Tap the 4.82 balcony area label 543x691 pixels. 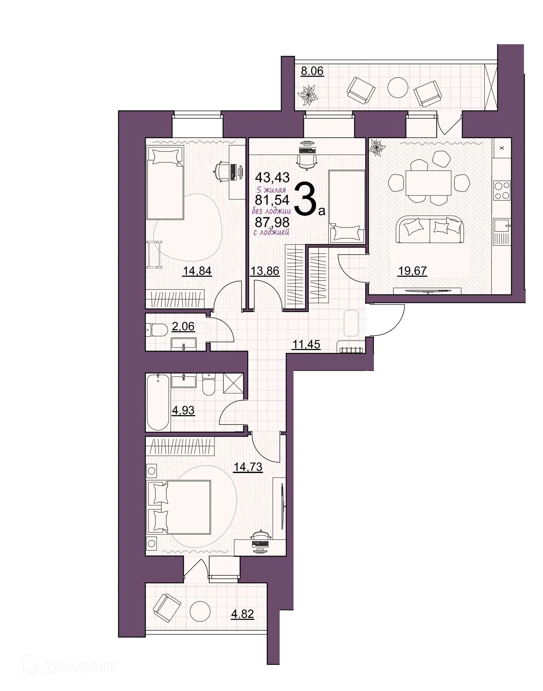click(243, 614)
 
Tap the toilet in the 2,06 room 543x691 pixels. click(157, 330)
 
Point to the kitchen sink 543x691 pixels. click(502, 226)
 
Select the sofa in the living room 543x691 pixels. click(430, 229)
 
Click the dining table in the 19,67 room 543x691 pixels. click(428, 183)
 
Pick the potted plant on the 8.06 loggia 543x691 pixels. click(308, 95)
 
